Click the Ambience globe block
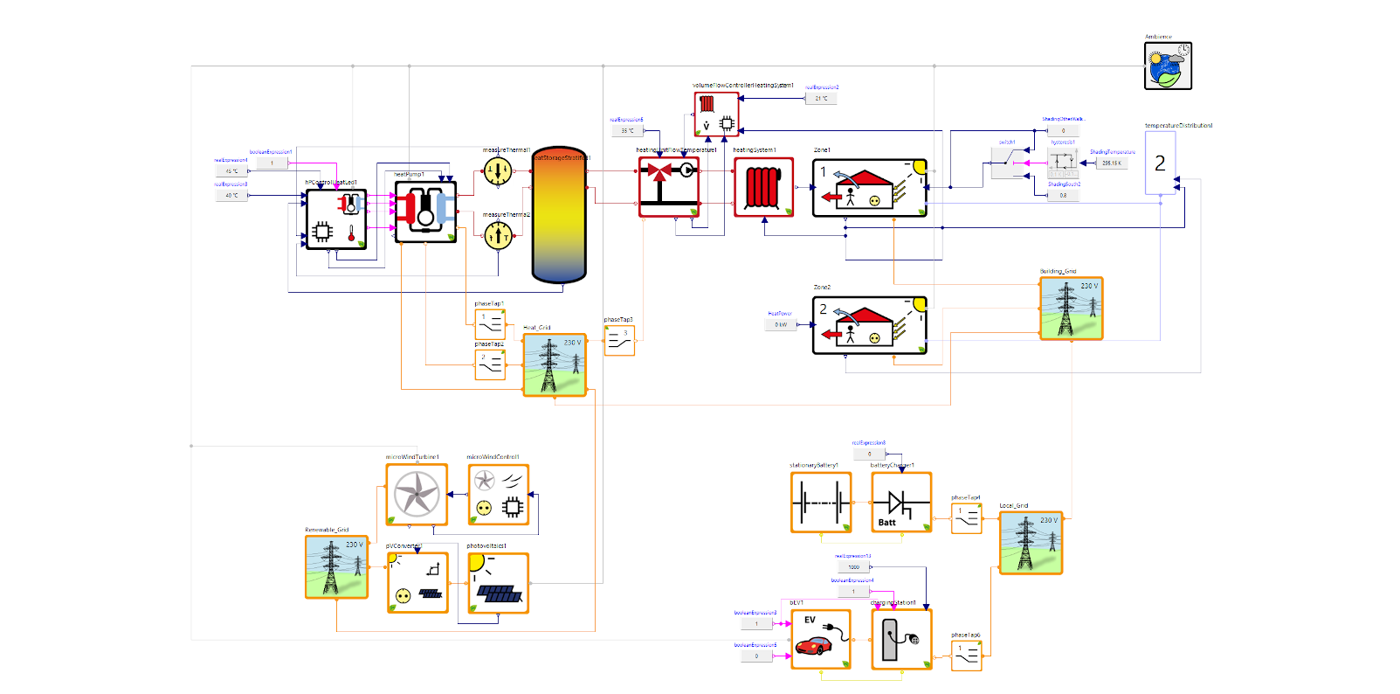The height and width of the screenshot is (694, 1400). point(1168,66)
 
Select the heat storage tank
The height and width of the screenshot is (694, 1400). point(559,215)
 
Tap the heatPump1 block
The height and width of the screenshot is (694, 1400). point(425,211)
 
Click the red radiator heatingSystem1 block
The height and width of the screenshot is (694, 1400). point(763,187)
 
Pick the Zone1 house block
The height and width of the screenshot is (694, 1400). point(869,188)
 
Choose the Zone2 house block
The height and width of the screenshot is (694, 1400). point(869,325)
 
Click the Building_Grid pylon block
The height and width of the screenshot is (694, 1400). point(1071,308)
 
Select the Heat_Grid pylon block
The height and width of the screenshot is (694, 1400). point(555,364)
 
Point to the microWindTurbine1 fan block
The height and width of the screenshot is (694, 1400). point(417,494)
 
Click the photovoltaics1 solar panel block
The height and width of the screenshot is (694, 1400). point(498,582)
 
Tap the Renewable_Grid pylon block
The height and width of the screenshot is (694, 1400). point(336,566)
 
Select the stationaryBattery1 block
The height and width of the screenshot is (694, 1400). point(821,502)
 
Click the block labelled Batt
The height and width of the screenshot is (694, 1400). point(901,502)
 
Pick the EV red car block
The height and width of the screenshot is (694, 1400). point(820,639)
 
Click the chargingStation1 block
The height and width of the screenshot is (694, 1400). point(901,639)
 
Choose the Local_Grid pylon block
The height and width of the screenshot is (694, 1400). point(1031,542)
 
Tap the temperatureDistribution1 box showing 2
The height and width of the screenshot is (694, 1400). point(1160,163)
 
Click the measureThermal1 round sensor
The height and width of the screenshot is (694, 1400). point(498,170)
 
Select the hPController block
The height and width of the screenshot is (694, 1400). point(336,219)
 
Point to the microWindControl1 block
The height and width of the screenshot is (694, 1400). point(498,494)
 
